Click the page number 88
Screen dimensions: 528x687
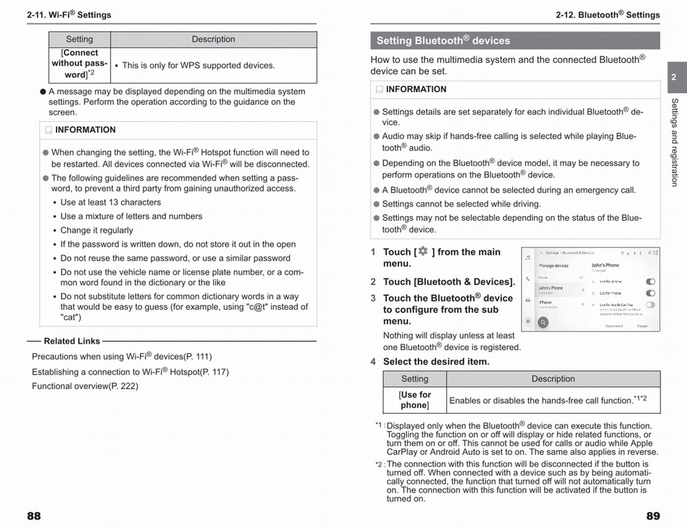(x=34, y=516)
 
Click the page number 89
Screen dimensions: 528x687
(x=653, y=516)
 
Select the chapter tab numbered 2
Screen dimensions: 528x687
(x=673, y=77)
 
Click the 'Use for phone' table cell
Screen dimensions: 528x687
(x=414, y=400)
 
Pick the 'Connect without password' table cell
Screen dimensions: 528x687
(x=80, y=64)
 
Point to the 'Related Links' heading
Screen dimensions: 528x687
(x=72, y=341)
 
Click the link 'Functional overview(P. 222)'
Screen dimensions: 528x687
(x=85, y=386)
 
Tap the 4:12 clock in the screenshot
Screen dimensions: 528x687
(x=653, y=253)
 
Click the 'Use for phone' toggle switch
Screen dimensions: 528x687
(x=650, y=282)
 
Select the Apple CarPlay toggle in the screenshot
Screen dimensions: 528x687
(x=650, y=305)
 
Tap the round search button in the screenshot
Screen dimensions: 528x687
(x=542, y=322)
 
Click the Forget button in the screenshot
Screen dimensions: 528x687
(x=642, y=326)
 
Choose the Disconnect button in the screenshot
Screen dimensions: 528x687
(x=614, y=326)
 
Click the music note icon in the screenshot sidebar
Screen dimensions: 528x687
(x=528, y=259)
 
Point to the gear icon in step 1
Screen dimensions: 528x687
(x=423, y=252)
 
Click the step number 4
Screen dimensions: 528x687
(x=373, y=362)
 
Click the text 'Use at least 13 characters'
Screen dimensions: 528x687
(x=110, y=202)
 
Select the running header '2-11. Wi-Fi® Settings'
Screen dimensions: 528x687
(x=69, y=14)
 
